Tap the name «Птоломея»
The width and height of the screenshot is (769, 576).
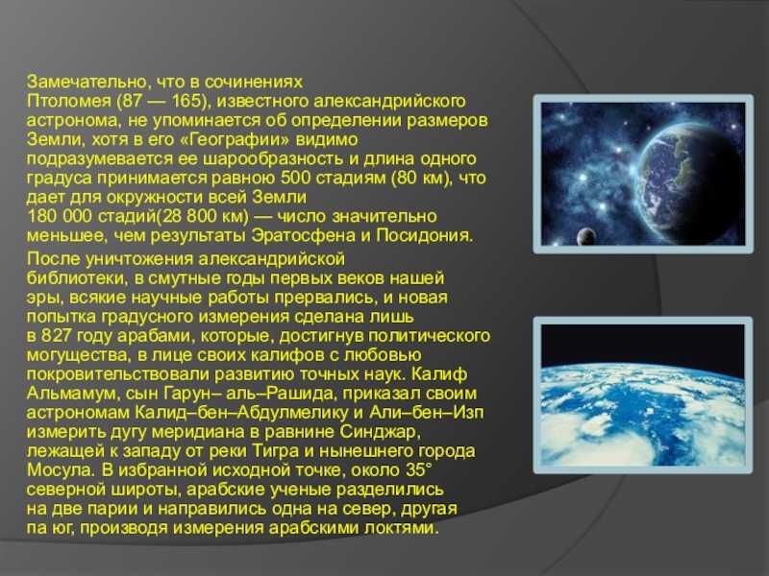coord(69,101)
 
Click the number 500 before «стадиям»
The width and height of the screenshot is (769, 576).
coord(296,178)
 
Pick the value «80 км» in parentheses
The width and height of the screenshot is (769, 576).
coord(421,178)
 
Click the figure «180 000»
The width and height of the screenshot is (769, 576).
coord(60,216)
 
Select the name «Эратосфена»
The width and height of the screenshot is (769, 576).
coord(304,235)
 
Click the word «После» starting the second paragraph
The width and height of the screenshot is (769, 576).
coord(54,258)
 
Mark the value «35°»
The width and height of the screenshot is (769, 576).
coord(418,469)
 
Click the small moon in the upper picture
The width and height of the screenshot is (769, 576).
coord(585,237)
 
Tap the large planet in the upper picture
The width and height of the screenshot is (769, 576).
coord(693,186)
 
